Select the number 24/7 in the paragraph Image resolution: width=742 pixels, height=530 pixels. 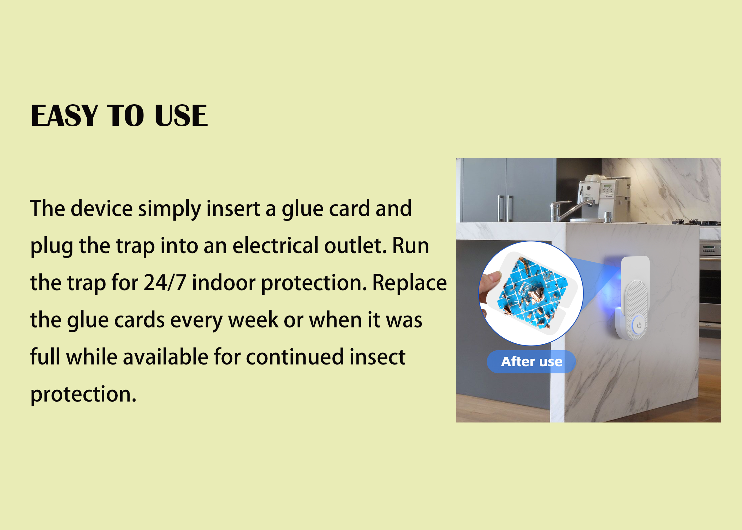(165, 283)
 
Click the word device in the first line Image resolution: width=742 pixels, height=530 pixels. (101, 209)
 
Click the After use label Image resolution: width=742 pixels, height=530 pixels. (532, 362)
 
